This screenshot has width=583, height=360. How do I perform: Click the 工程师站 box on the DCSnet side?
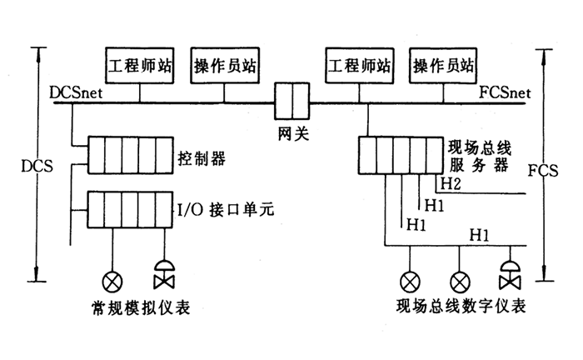141,64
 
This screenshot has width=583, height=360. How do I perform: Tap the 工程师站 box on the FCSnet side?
360,64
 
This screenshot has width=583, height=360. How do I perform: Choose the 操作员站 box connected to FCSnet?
445,64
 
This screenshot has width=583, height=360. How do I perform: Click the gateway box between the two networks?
292,102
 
